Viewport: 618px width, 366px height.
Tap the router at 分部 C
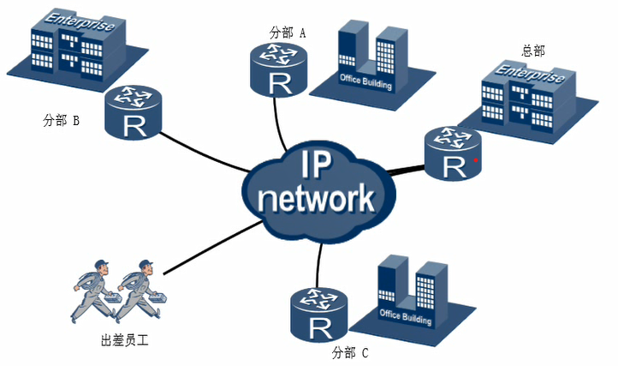(x=318, y=313)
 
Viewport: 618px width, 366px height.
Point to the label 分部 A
(x=288, y=33)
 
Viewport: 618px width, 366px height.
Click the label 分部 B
(x=61, y=121)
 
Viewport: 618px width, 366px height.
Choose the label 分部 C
(x=349, y=351)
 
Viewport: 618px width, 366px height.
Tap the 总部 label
(x=532, y=51)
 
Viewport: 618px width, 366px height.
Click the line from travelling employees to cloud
(x=210, y=249)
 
